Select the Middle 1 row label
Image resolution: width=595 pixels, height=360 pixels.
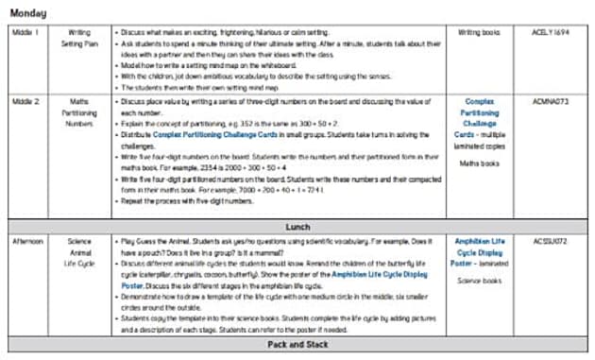pyautogui.click(x=25, y=32)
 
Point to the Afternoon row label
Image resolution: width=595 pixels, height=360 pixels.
pyautogui.click(x=27, y=241)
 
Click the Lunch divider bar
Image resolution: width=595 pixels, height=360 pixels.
pyautogui.click(x=298, y=228)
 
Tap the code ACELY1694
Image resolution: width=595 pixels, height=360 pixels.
pyautogui.click(x=554, y=32)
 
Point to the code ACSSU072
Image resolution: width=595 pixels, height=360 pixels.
pyautogui.click(x=554, y=241)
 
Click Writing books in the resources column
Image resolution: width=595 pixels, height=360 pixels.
pyautogui.click(x=480, y=32)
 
